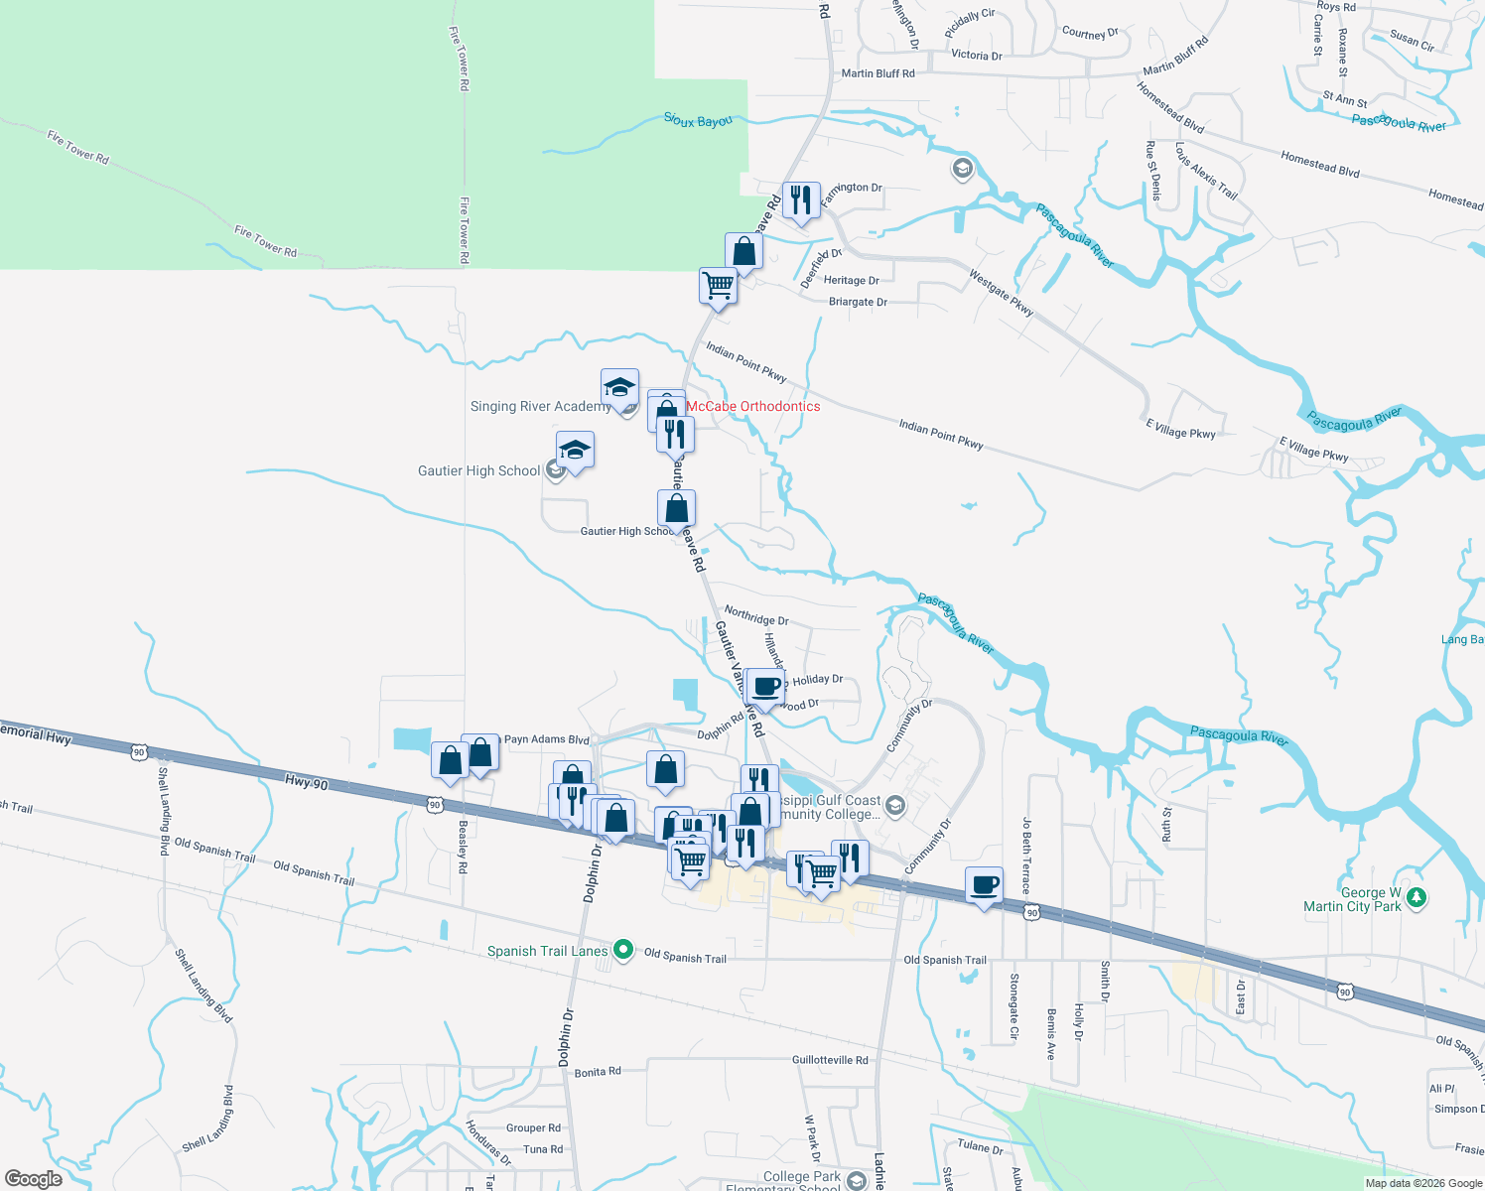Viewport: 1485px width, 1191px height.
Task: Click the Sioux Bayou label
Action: point(698,120)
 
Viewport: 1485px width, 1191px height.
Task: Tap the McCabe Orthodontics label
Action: point(753,406)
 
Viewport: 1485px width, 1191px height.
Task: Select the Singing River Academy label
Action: point(540,406)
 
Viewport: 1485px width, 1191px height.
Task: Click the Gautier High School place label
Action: point(479,470)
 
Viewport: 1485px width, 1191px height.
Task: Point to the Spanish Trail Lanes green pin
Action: point(623,950)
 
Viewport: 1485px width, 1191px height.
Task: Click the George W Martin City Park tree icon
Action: point(1417,898)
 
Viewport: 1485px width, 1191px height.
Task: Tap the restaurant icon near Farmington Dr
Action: point(801,199)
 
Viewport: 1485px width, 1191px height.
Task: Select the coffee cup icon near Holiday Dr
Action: point(766,686)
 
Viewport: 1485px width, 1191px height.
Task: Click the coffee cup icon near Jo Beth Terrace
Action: point(984,883)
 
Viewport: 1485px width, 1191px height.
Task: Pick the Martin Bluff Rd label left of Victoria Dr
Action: point(877,73)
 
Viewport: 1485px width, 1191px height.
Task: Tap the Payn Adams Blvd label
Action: point(546,739)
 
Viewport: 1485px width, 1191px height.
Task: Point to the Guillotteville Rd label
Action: point(830,1060)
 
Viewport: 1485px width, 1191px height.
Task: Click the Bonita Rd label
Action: point(598,1072)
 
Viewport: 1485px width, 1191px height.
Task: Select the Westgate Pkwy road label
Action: point(1002,293)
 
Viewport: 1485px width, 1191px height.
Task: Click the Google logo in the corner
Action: point(34,1178)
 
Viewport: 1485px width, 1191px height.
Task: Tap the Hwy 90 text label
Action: point(306,783)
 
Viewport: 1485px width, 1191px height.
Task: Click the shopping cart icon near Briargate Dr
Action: point(718,285)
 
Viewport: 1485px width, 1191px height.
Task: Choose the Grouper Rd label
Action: point(533,1127)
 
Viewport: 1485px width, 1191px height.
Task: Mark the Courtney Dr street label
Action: point(1090,33)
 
